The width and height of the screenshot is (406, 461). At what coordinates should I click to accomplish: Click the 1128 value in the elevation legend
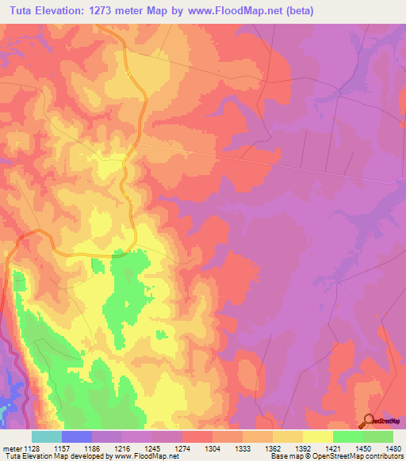(x=32, y=448)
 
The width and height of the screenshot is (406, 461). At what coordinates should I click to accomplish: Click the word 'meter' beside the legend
(x=12, y=448)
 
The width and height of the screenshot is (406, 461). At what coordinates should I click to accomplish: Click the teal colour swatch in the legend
(x=47, y=436)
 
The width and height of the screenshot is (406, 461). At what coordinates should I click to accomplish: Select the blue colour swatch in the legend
(x=77, y=436)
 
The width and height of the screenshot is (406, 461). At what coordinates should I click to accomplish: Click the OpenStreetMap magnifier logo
(x=370, y=422)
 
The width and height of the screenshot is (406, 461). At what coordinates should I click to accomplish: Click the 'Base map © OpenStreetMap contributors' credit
(x=337, y=456)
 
